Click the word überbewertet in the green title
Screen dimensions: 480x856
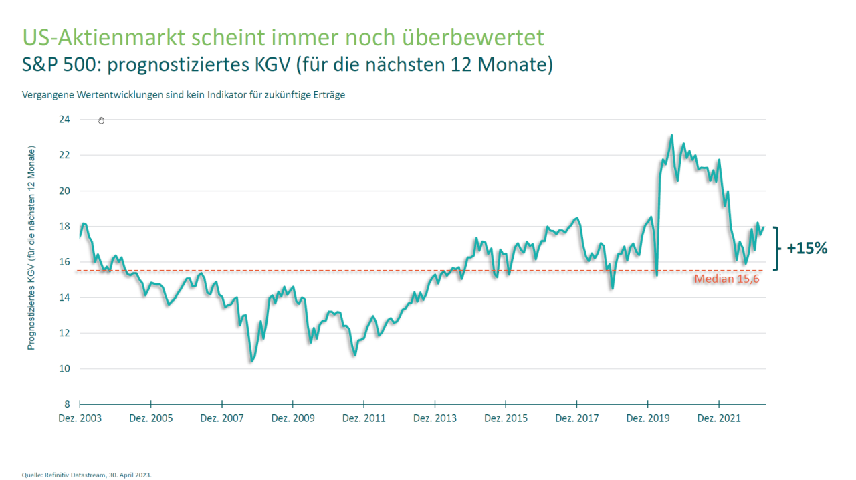479,37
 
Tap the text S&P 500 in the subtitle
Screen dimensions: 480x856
58,66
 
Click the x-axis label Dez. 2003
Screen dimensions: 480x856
80,418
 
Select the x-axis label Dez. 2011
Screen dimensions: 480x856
364,418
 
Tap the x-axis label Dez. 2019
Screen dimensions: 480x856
647,418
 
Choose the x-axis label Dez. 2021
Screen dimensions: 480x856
719,418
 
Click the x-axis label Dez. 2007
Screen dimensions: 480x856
222,418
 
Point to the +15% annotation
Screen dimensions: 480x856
807,249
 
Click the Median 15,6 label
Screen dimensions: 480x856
727,279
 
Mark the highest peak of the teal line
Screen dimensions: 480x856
671,136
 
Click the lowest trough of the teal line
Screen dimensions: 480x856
251,361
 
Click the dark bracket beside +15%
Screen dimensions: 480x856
777,249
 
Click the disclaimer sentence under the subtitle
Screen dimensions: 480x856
183,95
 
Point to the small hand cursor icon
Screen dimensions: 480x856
101,120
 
